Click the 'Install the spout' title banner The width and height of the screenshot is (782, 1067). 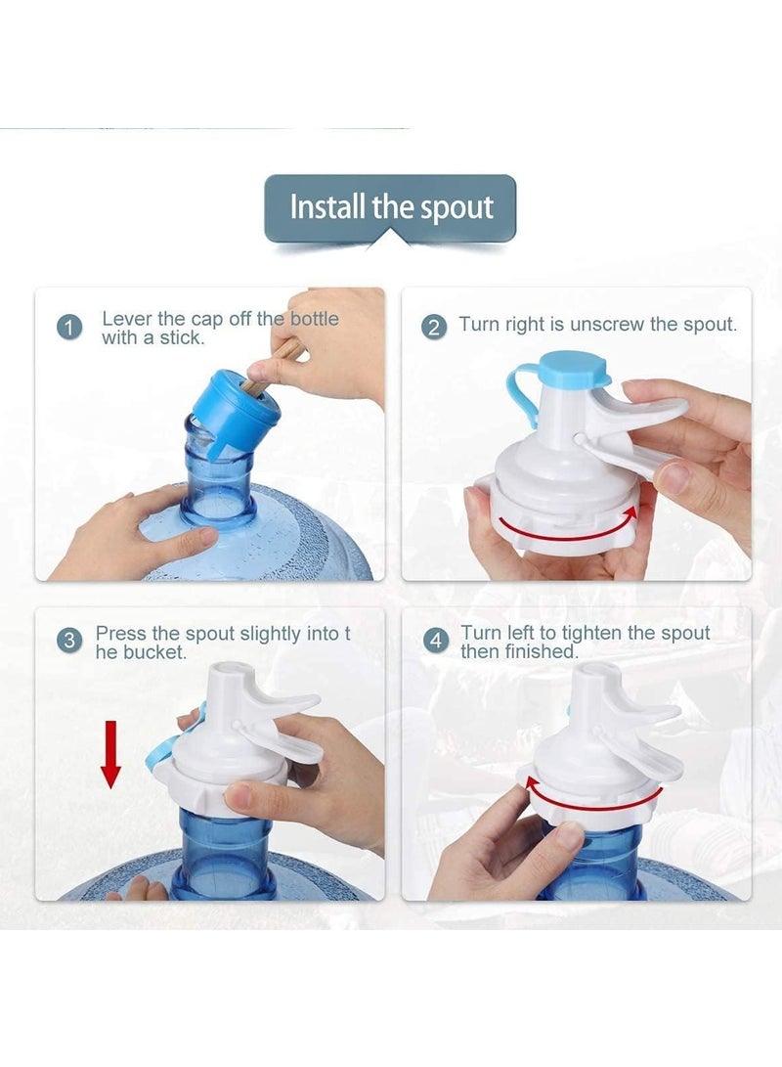tap(390, 207)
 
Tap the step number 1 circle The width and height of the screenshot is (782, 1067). tap(69, 327)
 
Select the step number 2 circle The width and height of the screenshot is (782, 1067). tap(435, 327)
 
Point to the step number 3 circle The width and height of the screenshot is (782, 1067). tap(69, 642)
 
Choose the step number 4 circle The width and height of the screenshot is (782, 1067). tap(435, 642)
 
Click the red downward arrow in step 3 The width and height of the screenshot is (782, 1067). tap(111, 753)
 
